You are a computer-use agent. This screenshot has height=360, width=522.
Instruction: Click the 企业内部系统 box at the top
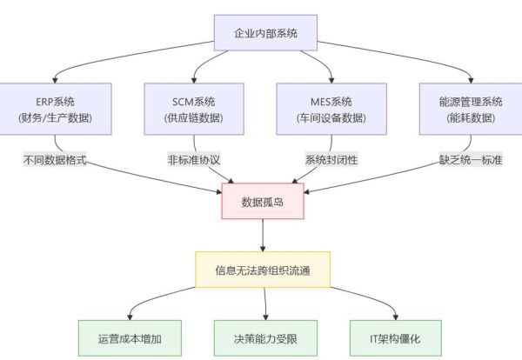tap(265, 33)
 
